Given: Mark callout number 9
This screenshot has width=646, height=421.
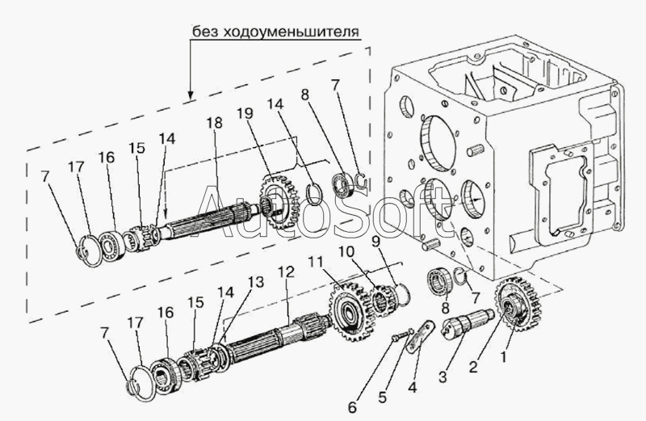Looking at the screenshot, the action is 375,242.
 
